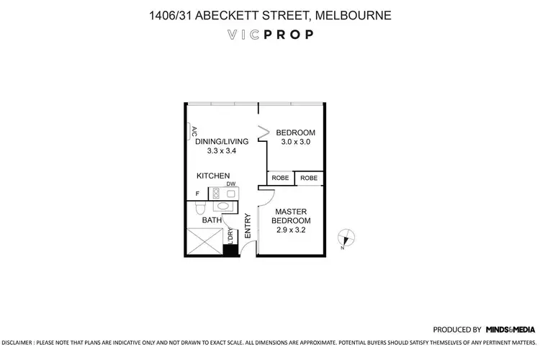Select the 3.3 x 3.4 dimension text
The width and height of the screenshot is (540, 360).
(222, 151)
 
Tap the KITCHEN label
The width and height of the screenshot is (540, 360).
(213, 176)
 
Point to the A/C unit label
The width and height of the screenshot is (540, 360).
(194, 132)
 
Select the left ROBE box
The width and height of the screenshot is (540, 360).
(281, 178)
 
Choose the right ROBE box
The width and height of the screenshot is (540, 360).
(309, 178)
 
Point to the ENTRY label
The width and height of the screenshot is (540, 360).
(248, 225)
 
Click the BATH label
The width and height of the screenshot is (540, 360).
(211, 220)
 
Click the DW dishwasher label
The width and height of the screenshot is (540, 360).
(231, 184)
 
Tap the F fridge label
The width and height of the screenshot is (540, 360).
(197, 194)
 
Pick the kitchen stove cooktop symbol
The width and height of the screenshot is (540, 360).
(217, 193)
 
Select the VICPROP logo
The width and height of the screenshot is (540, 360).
(270, 34)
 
